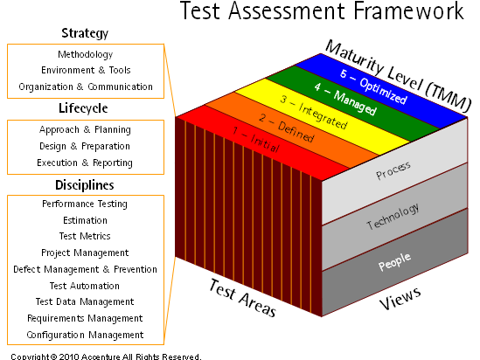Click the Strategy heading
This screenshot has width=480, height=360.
[85, 33]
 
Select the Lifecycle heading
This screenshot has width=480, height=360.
[83, 108]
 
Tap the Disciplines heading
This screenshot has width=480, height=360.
[85, 185]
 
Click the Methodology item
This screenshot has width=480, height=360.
[86, 54]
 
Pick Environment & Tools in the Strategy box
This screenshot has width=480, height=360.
[86, 70]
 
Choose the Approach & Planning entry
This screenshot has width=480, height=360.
[85, 129]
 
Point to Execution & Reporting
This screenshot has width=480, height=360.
[85, 163]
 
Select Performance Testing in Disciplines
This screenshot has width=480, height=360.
[85, 204]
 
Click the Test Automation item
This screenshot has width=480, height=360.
[85, 286]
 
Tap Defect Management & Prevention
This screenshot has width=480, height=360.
[85, 269]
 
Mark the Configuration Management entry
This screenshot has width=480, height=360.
[85, 335]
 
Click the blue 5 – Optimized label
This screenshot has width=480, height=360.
[373, 87]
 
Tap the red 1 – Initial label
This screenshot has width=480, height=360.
[256, 140]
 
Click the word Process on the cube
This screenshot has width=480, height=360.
[393, 170]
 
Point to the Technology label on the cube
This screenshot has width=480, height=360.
[393, 216]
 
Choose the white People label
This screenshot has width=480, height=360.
[394, 262]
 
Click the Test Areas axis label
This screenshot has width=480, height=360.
[242, 298]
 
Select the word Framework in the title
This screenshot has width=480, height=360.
[408, 10]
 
